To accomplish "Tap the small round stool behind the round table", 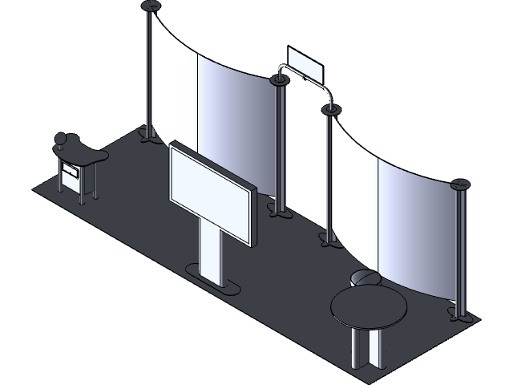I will click(366, 279).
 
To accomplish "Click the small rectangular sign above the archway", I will click(306, 60).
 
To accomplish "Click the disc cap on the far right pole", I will click(460, 184).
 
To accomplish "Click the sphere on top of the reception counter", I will click(59, 140).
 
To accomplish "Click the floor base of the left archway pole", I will click(281, 214).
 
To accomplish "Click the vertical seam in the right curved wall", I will click(378, 221).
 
